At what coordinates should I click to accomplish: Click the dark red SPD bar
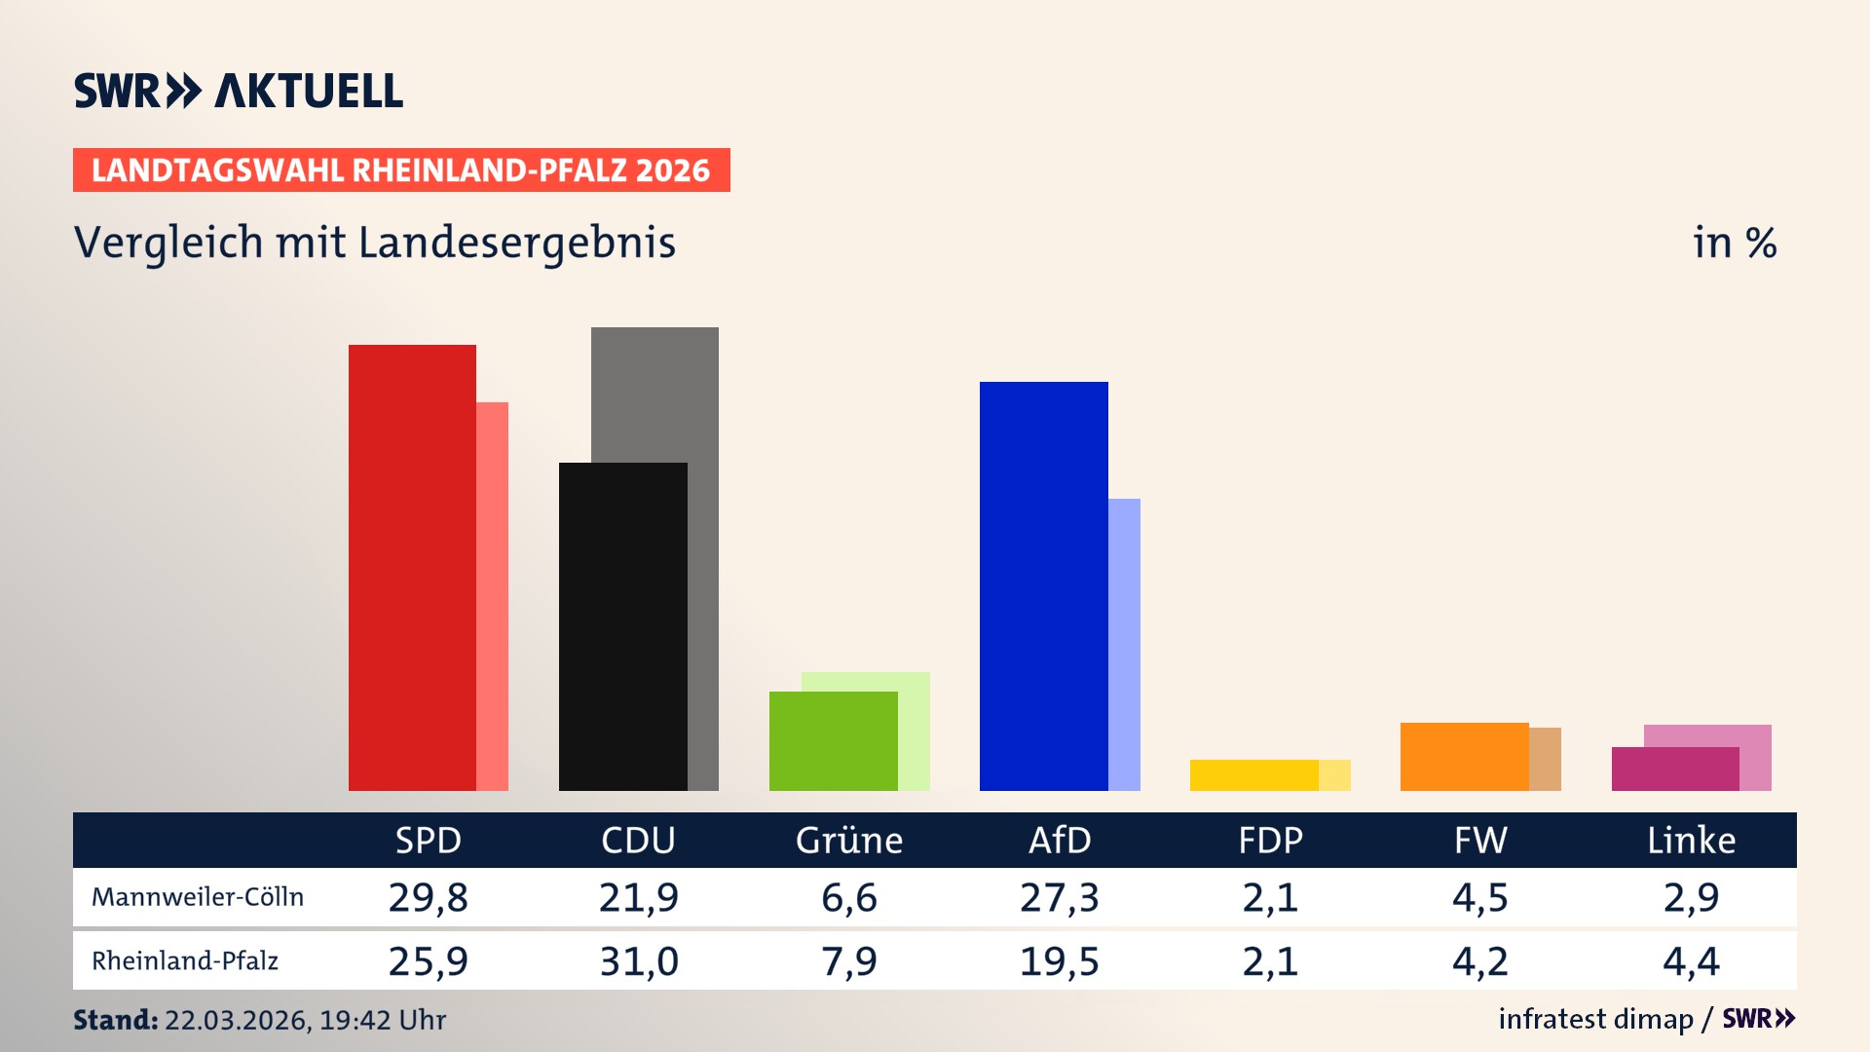412,567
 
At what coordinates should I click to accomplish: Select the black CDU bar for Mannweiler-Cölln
622,626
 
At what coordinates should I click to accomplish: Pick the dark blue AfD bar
1043,585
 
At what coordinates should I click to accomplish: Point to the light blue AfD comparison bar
1124,644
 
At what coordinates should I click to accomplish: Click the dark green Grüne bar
833,740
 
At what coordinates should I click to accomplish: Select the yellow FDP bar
1253,775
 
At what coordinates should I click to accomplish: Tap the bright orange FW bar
1464,756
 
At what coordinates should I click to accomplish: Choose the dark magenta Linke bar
1674,769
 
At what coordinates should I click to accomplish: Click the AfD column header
1060,840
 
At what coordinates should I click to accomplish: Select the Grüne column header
848,840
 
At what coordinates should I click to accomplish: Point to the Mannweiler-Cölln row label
198,897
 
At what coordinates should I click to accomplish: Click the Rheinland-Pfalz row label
185,961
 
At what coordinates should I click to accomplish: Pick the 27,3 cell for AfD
1060,897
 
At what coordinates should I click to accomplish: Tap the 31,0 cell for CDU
638,961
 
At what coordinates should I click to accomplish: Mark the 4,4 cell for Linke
1691,961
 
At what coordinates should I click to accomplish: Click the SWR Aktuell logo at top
239,91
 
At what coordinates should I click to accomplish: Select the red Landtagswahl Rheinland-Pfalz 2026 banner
401,170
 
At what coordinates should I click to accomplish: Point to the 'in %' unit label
1734,243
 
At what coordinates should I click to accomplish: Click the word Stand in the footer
115,1020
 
